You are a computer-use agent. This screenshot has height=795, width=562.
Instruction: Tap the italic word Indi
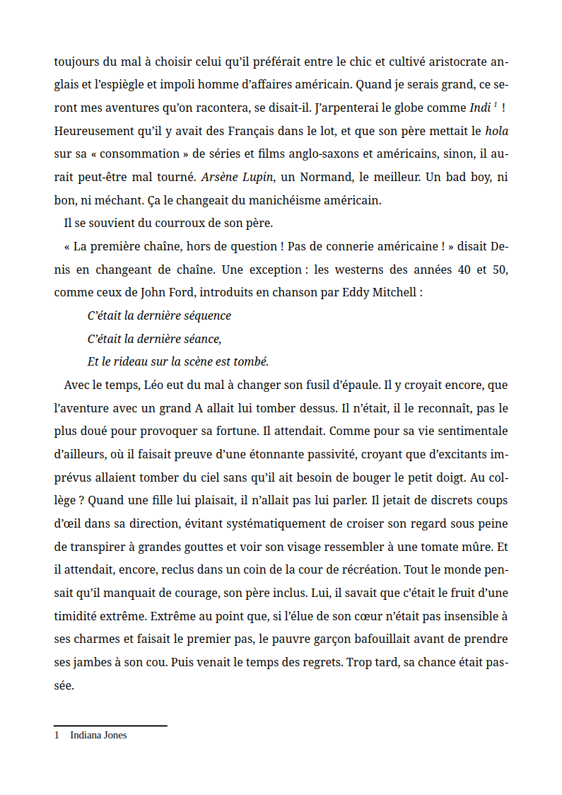point(479,108)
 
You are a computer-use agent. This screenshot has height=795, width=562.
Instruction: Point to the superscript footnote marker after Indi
point(496,105)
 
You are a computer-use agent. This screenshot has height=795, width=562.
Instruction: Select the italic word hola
point(496,131)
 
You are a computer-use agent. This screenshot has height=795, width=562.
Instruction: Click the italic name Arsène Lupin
point(233,177)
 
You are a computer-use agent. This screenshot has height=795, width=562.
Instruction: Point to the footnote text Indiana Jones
point(98,735)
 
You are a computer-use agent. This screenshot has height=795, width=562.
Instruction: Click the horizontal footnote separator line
point(110,725)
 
